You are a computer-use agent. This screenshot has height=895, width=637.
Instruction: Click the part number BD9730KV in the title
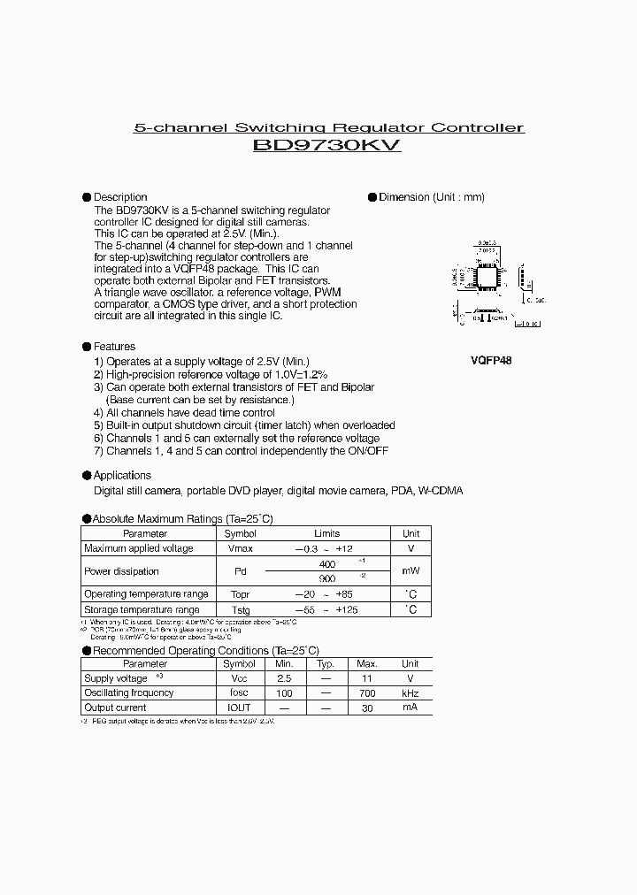326,148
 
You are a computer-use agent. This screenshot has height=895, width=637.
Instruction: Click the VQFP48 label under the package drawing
491,361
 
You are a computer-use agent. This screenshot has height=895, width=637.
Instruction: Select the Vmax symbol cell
239,549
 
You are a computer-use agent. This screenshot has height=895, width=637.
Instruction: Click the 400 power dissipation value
326,564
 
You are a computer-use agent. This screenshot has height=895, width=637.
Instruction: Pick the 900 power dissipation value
326,578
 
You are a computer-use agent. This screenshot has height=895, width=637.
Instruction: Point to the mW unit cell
411,571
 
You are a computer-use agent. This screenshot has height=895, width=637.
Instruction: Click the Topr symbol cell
239,594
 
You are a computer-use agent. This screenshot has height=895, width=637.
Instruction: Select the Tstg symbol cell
239,610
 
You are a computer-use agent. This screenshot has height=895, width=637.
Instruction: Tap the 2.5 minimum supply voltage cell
284,678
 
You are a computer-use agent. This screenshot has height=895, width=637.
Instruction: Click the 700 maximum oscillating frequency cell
366,693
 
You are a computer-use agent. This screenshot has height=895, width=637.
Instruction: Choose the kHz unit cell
411,693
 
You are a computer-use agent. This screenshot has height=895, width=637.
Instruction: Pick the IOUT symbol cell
239,708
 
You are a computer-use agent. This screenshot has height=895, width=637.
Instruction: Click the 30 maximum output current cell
366,708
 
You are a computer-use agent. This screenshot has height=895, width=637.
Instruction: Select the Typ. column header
325,663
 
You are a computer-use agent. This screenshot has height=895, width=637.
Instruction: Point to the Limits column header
326,534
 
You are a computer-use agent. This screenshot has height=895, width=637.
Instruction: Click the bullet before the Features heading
87,347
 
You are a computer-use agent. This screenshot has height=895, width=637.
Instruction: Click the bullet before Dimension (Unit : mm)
372,197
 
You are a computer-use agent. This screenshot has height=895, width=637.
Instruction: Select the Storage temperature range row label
142,610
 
